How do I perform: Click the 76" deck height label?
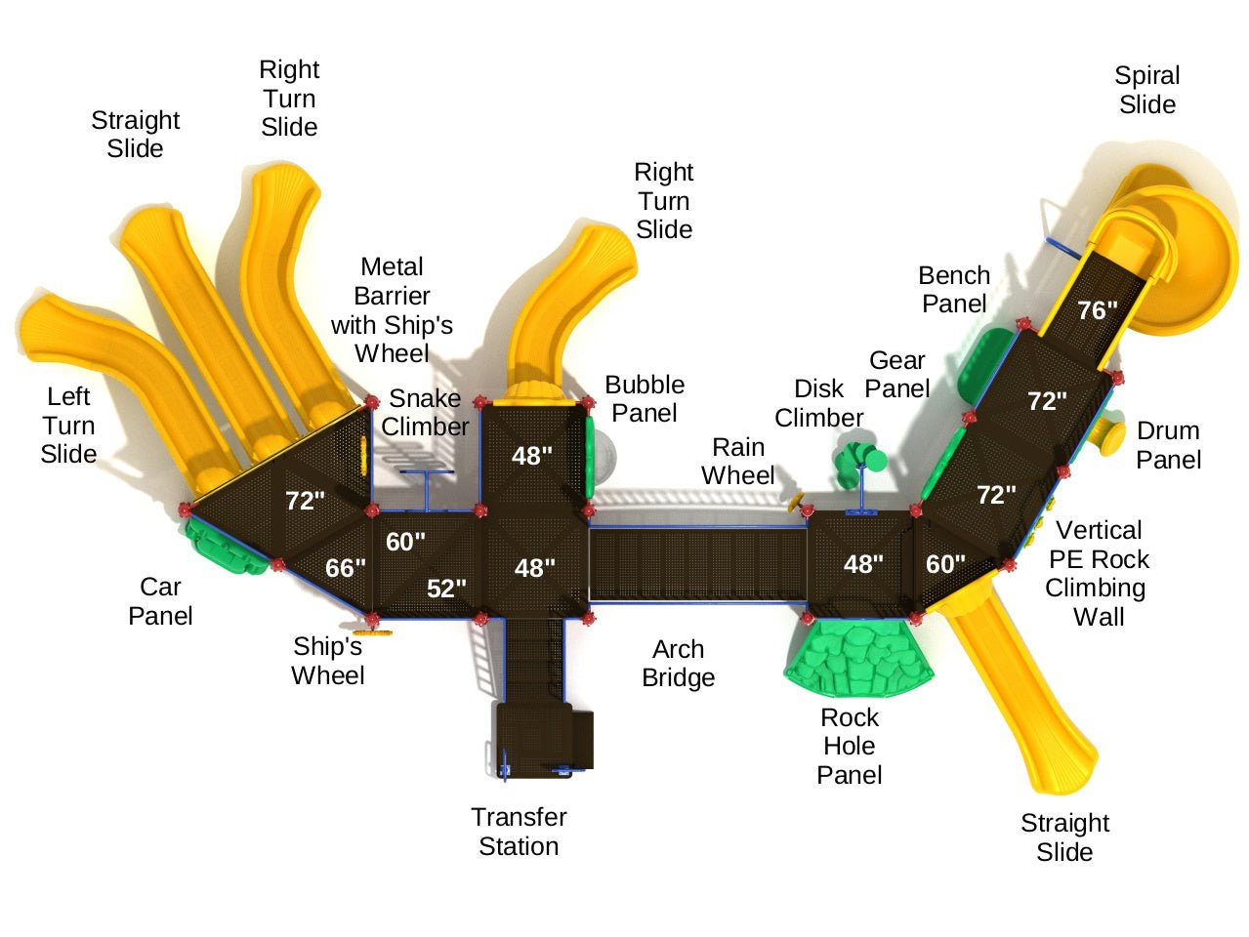pyautogui.click(x=1097, y=310)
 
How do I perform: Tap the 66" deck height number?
pyautogui.click(x=345, y=568)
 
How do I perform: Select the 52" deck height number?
pyautogui.click(x=446, y=589)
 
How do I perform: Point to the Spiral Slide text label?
pyautogui.click(x=1146, y=90)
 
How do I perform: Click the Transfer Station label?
pyautogui.click(x=519, y=832)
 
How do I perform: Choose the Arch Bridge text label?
pyautogui.click(x=678, y=664)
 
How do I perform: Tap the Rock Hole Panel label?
pyautogui.click(x=849, y=747)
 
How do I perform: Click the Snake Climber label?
pyautogui.click(x=425, y=413)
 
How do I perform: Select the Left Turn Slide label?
pyautogui.click(x=68, y=426)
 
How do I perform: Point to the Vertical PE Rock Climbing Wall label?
pyautogui.click(x=1098, y=574)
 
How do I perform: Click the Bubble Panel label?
pyautogui.click(x=645, y=399)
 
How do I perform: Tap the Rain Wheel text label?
pyautogui.click(x=737, y=462)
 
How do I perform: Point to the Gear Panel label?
pyautogui.click(x=896, y=375)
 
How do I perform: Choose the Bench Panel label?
pyautogui.click(x=954, y=290)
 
